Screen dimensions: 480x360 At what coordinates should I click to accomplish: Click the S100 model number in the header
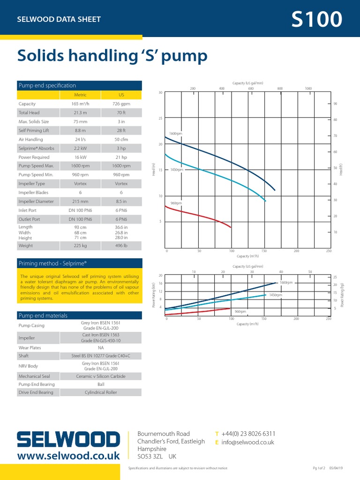[x=316, y=20]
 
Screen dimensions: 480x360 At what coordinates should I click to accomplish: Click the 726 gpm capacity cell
[x=121, y=104]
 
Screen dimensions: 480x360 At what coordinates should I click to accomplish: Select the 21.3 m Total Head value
[x=81, y=112]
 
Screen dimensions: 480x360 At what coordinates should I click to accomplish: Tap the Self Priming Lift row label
[x=33, y=130]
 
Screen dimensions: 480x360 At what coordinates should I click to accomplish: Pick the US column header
[x=121, y=95]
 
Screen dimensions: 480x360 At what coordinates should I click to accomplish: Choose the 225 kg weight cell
[x=81, y=245]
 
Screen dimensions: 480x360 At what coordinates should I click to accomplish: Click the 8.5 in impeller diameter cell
[x=121, y=201]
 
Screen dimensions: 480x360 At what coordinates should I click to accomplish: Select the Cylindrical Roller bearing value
[x=101, y=392]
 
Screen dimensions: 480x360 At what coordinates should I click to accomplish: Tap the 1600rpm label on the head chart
[x=175, y=134]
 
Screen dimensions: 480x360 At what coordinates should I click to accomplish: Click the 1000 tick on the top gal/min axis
[x=308, y=89]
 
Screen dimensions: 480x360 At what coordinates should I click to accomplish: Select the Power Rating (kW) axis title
[x=154, y=295]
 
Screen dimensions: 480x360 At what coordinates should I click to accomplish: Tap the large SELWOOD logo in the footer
[x=68, y=439]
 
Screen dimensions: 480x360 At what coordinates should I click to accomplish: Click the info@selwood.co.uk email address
[x=247, y=442]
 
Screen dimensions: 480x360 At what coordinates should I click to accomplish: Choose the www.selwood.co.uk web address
[x=68, y=455]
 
